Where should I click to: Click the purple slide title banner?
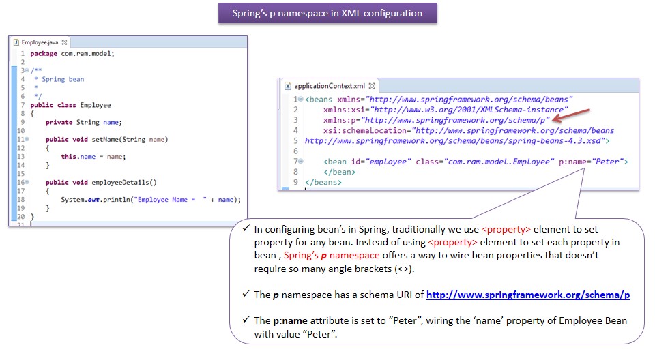click(x=327, y=13)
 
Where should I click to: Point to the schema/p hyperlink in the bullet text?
click(x=528, y=295)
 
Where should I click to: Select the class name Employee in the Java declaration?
click(x=95, y=105)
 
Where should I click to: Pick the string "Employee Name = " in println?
click(x=171, y=200)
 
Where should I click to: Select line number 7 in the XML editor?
click(x=295, y=162)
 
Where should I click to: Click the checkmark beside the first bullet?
click(x=246, y=230)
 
